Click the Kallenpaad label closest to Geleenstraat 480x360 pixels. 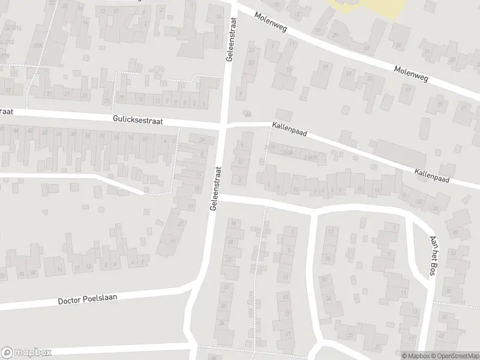coord(289,129)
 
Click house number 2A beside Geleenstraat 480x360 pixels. coord(246,115)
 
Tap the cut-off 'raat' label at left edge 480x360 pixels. coord(6,112)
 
